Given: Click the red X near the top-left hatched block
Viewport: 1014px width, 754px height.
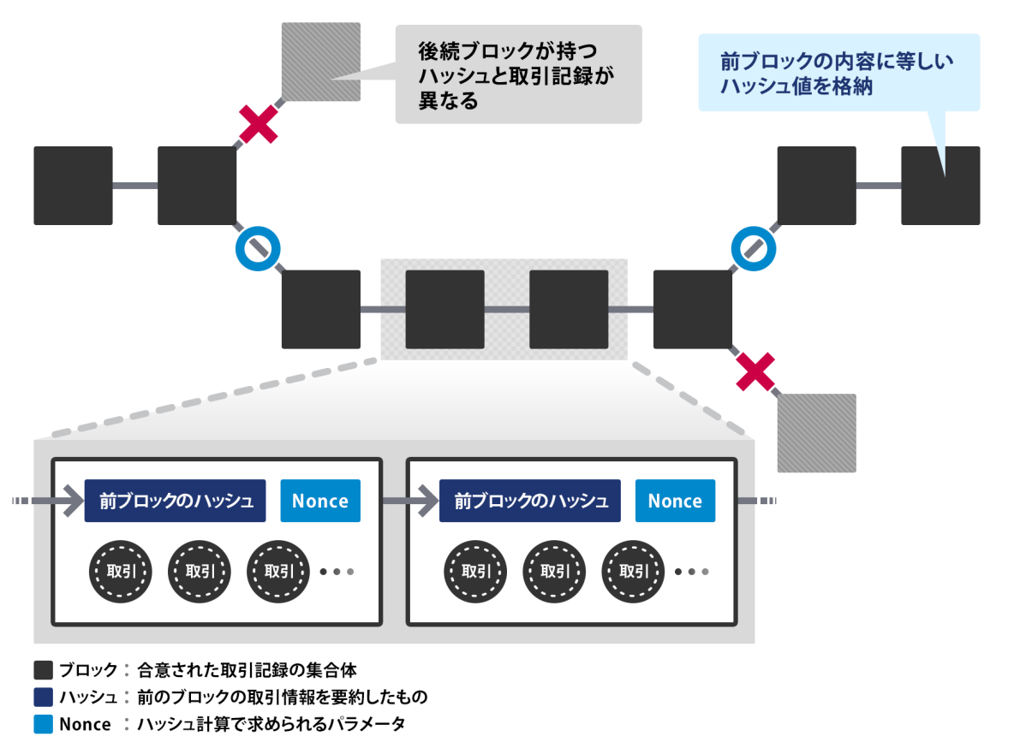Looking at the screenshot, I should (x=259, y=124).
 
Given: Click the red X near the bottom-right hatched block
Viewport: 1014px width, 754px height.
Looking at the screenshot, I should (x=755, y=371).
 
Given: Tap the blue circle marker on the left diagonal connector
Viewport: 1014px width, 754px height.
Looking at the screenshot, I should (x=258, y=248).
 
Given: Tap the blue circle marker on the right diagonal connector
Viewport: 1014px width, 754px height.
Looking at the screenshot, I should (x=753, y=248).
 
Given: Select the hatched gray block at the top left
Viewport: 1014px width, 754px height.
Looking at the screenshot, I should (x=321, y=62).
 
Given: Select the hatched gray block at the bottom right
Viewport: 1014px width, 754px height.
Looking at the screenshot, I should (x=816, y=433).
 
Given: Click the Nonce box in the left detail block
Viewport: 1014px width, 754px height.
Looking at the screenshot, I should (x=320, y=501).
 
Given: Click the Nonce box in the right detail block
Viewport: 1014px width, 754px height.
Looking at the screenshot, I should (x=675, y=501).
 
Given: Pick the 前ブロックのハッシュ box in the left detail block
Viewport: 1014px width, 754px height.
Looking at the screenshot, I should (x=176, y=501).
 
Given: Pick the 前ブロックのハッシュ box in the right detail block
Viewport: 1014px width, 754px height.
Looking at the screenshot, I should (x=530, y=501).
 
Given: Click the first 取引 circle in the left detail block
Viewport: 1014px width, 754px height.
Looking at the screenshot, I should (x=121, y=571).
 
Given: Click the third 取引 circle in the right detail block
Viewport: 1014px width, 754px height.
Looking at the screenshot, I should (x=633, y=571).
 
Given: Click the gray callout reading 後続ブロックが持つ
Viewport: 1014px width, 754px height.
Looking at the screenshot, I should (x=517, y=74).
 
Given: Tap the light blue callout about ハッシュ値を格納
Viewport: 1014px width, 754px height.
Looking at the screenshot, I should (x=838, y=73).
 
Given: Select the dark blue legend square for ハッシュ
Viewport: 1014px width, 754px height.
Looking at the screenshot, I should (x=43, y=697).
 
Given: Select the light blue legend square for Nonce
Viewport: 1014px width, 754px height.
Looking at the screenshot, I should (x=43, y=724).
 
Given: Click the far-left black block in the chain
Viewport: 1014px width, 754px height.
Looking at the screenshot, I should (x=73, y=186).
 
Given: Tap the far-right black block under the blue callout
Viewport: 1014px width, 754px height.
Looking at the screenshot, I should (x=940, y=186).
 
